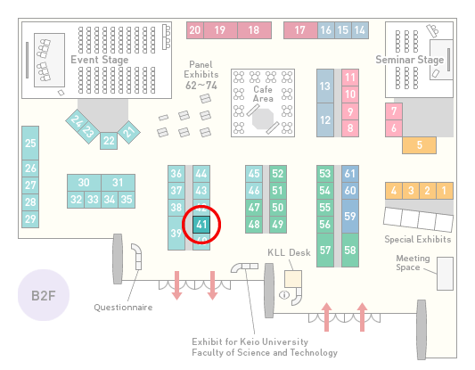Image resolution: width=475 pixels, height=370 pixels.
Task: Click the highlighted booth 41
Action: [x=201, y=225]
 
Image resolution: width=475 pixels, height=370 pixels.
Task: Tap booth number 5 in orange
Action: [x=419, y=145]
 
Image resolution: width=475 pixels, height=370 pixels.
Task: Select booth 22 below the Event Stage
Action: [x=109, y=141]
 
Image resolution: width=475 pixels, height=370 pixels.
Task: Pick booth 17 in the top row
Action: [x=300, y=30]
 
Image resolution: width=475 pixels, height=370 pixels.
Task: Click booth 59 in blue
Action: [x=350, y=216]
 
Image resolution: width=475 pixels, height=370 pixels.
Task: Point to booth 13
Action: [x=325, y=86]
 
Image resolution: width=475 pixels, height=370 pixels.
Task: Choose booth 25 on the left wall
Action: [x=30, y=143]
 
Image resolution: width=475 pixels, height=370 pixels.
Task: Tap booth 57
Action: [x=325, y=250]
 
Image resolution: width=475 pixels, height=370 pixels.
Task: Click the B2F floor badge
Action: [x=44, y=295]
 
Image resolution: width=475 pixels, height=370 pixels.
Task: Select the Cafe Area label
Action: [x=263, y=94]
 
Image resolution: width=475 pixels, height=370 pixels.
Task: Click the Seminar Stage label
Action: [x=410, y=60]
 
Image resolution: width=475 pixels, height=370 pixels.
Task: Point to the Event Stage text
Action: [x=99, y=60]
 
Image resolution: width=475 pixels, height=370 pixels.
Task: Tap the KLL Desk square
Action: [x=293, y=279]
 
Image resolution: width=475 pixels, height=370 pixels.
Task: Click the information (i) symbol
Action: [x=284, y=294]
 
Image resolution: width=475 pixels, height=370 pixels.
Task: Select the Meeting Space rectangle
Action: [x=445, y=274]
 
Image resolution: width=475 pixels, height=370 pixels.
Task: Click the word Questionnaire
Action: [x=123, y=308]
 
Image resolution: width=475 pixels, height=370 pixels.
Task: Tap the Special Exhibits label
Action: [x=418, y=240]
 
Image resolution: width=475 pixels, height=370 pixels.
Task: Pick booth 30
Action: [x=84, y=183]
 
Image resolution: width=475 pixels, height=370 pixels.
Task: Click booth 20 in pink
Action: [x=195, y=30]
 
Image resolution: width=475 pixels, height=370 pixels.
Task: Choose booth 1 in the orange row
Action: [x=445, y=191]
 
